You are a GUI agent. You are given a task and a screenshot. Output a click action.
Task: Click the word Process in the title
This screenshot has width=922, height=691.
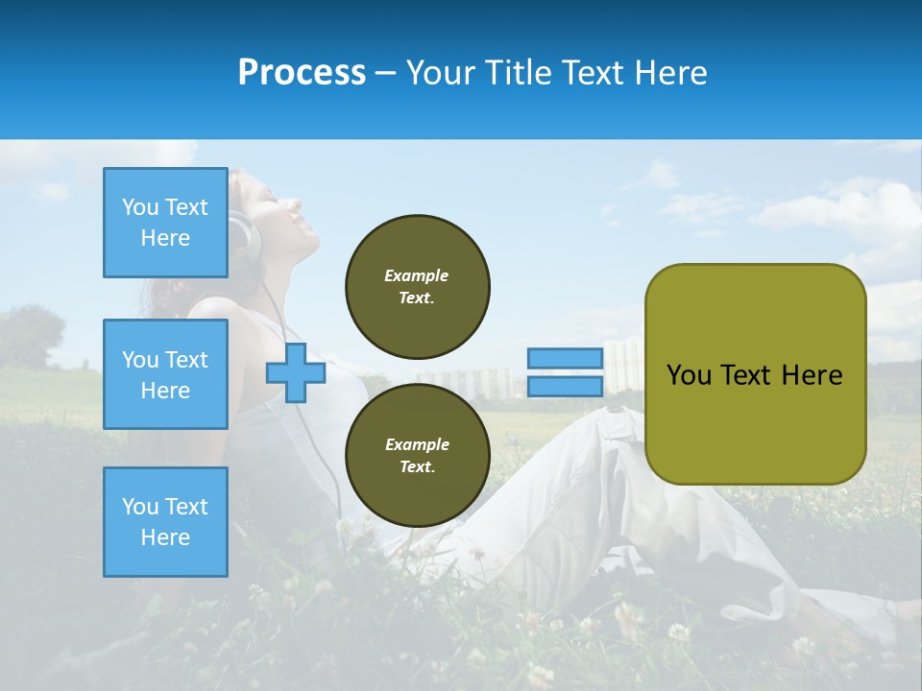click(302, 73)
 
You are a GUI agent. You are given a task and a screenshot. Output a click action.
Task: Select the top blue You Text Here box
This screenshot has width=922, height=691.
click(165, 223)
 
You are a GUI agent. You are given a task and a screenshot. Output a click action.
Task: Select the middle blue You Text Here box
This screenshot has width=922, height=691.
click(165, 374)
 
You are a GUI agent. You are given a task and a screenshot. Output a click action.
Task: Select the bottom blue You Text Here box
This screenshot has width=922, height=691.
click(165, 521)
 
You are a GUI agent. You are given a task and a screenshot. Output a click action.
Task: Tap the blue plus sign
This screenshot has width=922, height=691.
click(296, 372)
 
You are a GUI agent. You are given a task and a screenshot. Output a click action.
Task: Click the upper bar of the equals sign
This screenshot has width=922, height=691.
click(565, 358)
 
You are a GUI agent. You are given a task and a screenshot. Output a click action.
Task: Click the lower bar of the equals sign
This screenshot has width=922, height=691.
click(565, 386)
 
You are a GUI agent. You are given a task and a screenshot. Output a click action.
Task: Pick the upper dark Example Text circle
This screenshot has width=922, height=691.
click(417, 286)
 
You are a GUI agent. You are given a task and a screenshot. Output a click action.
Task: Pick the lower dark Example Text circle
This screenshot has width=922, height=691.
click(417, 455)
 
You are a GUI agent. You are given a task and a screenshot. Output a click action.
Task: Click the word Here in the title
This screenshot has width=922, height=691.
click(669, 73)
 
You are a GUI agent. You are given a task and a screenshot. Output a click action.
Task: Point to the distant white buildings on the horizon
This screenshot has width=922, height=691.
click(480, 381)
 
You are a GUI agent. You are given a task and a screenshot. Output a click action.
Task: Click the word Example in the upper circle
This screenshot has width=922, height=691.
click(417, 275)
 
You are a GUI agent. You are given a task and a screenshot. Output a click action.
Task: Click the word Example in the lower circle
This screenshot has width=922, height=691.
click(417, 444)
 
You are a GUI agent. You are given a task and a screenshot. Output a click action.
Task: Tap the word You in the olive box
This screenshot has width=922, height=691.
click(688, 375)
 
